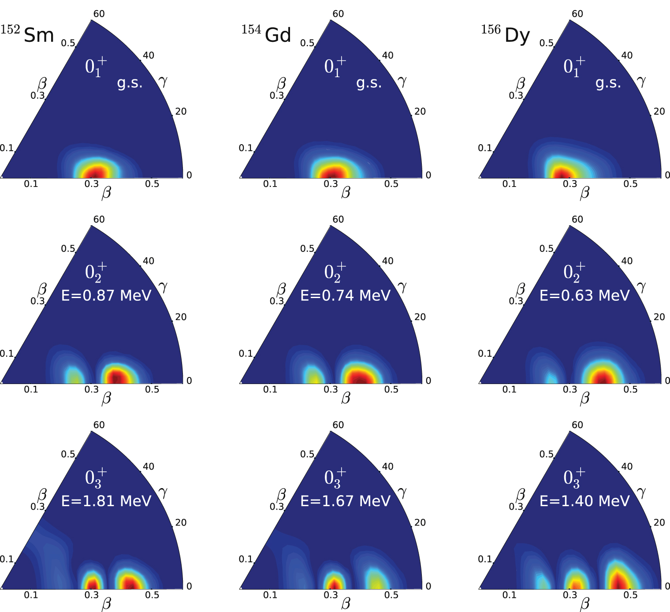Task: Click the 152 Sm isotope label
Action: pyautogui.click(x=27, y=34)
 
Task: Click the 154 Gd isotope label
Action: pyautogui.click(x=266, y=34)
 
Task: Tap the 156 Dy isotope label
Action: pyautogui.click(x=505, y=34)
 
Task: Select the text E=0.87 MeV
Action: pyautogui.click(x=106, y=295)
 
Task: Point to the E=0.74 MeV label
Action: pyautogui.click(x=346, y=295)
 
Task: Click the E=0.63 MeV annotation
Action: pyautogui.click(x=584, y=295)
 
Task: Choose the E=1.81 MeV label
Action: pyautogui.click(x=106, y=501)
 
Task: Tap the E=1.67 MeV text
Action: pyautogui.click(x=346, y=501)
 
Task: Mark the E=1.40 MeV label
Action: pyautogui.click(x=584, y=501)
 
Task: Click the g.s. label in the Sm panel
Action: pyautogui.click(x=130, y=83)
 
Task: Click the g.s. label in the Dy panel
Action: pyautogui.click(x=608, y=83)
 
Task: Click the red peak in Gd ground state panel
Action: pyautogui.click(x=331, y=172)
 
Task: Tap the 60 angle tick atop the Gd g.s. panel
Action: pyautogui.click(x=338, y=14)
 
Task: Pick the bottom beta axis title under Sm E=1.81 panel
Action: pyautogui.click(x=106, y=604)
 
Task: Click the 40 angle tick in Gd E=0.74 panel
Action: pyautogui.click(x=387, y=261)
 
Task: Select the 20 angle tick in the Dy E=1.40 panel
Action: pyautogui.click(x=659, y=522)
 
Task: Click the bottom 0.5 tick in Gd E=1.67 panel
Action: pyautogui.click(x=391, y=595)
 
